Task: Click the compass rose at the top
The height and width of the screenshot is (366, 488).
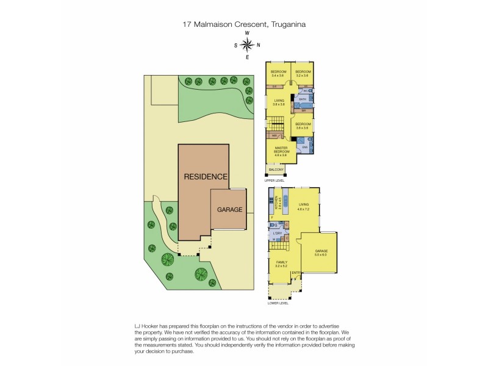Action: click(247, 45)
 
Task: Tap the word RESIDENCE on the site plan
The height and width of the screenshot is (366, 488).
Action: click(206, 176)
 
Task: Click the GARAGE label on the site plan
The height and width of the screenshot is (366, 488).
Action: click(230, 209)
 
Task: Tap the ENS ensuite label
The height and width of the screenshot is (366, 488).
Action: click(304, 146)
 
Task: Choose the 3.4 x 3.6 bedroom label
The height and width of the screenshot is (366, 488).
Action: click(278, 73)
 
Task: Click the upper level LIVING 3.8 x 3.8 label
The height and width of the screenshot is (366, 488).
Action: click(279, 102)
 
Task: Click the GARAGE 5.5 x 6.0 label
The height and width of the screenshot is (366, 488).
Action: click(321, 253)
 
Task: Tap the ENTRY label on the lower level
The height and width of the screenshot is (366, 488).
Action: click(296, 273)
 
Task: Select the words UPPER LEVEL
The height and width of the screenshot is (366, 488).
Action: click(274, 181)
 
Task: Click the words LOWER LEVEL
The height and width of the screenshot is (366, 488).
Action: click(278, 303)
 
